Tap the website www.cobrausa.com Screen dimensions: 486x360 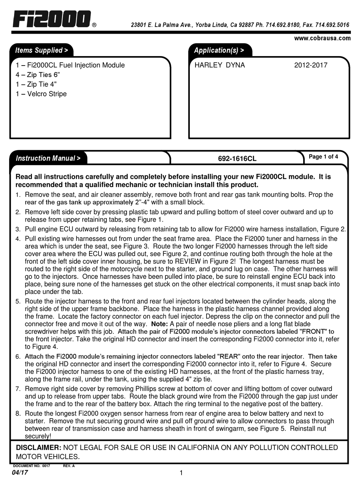[x=322, y=38]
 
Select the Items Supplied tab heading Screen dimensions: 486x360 [x=41, y=50]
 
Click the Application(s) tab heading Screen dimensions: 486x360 [x=219, y=50]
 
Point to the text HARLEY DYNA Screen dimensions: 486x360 [x=219, y=65]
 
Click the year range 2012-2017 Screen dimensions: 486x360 [x=310, y=65]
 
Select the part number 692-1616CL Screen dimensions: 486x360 [x=237, y=159]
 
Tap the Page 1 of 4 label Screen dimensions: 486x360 [x=323, y=156]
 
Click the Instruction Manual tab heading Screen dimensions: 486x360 [x=48, y=158]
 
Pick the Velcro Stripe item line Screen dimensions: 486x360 [x=41, y=94]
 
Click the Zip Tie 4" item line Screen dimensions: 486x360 [x=36, y=84]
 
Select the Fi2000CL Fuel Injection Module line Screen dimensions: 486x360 [x=70, y=65]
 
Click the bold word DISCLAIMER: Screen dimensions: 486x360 [x=38, y=448]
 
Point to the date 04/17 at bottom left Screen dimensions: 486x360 [x=20, y=473]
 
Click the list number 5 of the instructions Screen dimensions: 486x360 [x=18, y=302]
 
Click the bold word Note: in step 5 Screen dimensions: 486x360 [x=159, y=324]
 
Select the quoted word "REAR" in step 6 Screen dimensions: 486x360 [x=229, y=357]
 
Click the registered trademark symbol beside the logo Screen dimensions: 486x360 [x=94, y=26]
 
